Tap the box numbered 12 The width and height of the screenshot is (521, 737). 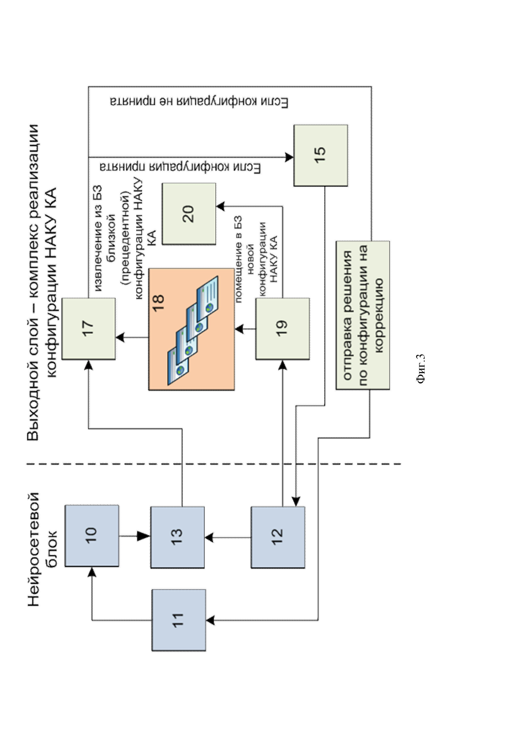(x=278, y=537)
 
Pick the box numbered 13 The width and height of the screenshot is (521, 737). (x=178, y=537)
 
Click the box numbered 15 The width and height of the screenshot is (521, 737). (x=320, y=155)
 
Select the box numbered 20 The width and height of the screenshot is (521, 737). (x=189, y=214)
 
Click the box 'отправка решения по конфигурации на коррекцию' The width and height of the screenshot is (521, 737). (x=363, y=315)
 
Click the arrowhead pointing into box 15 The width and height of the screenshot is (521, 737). (x=289, y=157)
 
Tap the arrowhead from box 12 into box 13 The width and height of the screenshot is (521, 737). (x=209, y=537)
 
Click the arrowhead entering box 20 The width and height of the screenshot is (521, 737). (x=221, y=206)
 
